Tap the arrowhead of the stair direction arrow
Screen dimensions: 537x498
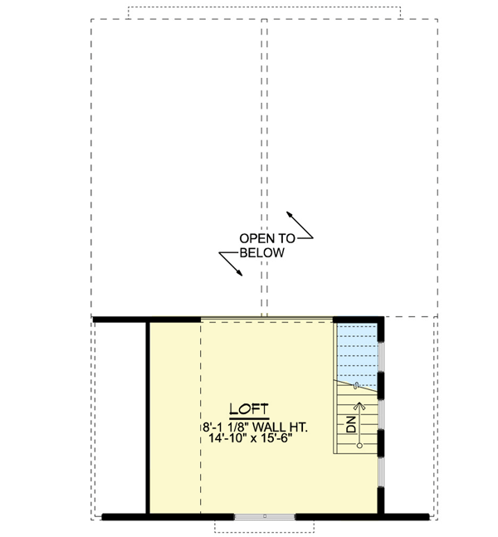(359, 406)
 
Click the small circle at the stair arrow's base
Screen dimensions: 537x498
(359, 446)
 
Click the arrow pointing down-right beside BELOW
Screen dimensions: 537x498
(232, 264)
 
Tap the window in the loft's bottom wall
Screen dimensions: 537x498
(265, 516)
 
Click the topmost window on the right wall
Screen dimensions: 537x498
(380, 356)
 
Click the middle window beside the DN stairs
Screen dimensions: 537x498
(380, 415)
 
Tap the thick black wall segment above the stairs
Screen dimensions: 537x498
(358, 318)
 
